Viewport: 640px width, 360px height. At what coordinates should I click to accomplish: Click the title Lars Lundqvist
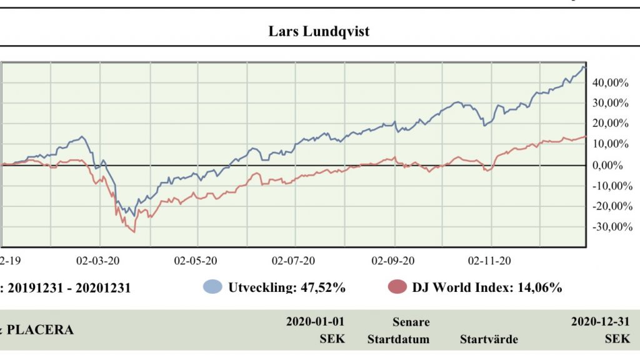point(319,31)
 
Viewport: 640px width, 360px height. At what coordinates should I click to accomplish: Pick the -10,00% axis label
point(607,186)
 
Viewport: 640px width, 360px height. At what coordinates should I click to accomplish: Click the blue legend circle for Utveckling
point(212,287)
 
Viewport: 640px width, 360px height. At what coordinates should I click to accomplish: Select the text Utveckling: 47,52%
point(287,287)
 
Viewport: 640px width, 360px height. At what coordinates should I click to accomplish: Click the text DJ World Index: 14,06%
point(487,287)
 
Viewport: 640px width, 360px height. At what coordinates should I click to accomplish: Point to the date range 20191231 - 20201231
point(68,288)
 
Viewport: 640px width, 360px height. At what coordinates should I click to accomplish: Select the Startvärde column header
point(489,339)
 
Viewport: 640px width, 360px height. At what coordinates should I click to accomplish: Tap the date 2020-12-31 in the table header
point(601,322)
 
